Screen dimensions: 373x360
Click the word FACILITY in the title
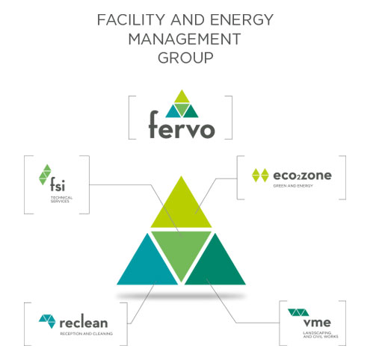(131, 19)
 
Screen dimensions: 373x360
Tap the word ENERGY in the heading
(241, 19)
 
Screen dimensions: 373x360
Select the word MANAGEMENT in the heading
(185, 39)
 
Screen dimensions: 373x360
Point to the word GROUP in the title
(185, 58)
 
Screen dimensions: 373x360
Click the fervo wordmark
(182, 125)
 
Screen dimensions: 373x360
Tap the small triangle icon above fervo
(182, 104)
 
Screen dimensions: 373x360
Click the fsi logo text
(58, 184)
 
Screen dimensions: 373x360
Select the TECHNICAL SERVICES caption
(61, 199)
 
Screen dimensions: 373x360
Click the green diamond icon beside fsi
(45, 175)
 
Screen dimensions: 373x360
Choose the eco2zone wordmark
(302, 176)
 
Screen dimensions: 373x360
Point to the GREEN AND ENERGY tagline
(293, 186)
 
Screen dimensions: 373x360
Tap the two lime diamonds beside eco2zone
(260, 176)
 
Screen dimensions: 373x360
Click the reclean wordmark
(84, 323)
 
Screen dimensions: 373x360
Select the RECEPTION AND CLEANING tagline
(86, 334)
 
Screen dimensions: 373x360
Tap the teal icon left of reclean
(47, 321)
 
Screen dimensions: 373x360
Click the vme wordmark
(317, 323)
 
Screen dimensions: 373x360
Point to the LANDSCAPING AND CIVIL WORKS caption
(321, 335)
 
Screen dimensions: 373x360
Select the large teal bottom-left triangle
(147, 267)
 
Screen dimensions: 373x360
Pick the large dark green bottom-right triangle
(215, 267)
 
